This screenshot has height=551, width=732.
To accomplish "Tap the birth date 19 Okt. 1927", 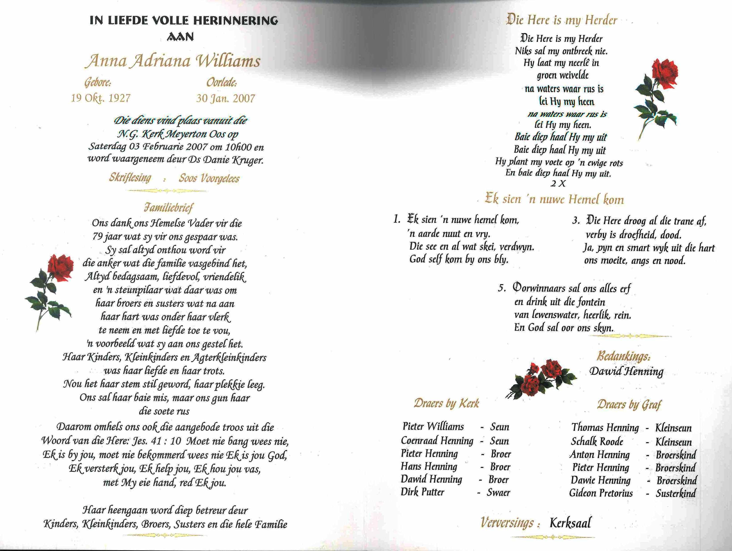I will pyautogui.click(x=101, y=98).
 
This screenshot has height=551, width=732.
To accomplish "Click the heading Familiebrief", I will pyautogui.click(x=168, y=208).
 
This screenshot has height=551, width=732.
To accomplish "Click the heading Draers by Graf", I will pyautogui.click(x=629, y=404).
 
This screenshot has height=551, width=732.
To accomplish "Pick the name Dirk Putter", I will pyautogui.click(x=422, y=492).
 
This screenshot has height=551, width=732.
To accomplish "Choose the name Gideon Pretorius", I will pyautogui.click(x=601, y=493).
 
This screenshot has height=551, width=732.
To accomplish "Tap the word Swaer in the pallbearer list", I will pyautogui.click(x=498, y=492).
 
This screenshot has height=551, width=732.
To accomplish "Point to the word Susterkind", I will pyautogui.click(x=676, y=493).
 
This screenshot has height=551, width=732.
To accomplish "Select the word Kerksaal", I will pyautogui.click(x=570, y=523).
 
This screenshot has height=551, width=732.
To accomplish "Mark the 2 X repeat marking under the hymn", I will pyautogui.click(x=558, y=183).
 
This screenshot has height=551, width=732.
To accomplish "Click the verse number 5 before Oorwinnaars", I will pyautogui.click(x=502, y=288).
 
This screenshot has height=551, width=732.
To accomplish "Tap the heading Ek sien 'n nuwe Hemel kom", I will pyautogui.click(x=554, y=199).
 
